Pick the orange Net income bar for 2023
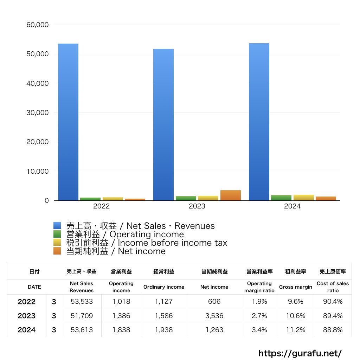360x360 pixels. click(x=231, y=195)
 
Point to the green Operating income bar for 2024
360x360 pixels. click(x=281, y=198)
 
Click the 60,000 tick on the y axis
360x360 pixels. click(x=38, y=25)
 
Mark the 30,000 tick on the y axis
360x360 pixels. click(x=38, y=113)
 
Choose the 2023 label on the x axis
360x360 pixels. click(x=197, y=206)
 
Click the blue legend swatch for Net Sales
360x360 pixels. click(x=57, y=226)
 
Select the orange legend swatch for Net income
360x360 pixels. click(x=57, y=251)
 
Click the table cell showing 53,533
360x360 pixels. click(x=82, y=302)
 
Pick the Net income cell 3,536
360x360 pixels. click(x=214, y=316)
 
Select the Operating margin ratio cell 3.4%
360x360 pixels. click(x=259, y=330)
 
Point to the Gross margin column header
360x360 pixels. click(x=296, y=287)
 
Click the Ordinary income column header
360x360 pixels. click(x=164, y=287)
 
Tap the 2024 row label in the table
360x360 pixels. click(x=27, y=330)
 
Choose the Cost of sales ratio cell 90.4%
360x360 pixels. click(x=333, y=302)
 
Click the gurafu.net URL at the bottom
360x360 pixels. click(x=300, y=353)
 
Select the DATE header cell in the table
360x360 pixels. click(x=34, y=287)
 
